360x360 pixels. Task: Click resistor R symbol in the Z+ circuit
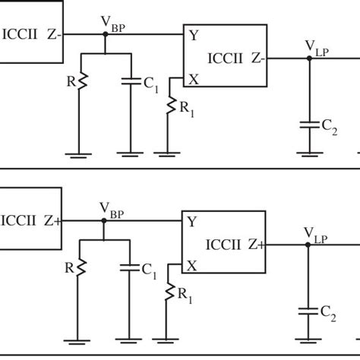point(81,267)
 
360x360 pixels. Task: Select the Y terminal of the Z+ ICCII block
point(192,221)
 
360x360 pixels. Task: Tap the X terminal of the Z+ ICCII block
point(192,264)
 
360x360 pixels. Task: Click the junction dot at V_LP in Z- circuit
point(308,57)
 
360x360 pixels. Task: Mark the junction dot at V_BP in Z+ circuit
point(104,220)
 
